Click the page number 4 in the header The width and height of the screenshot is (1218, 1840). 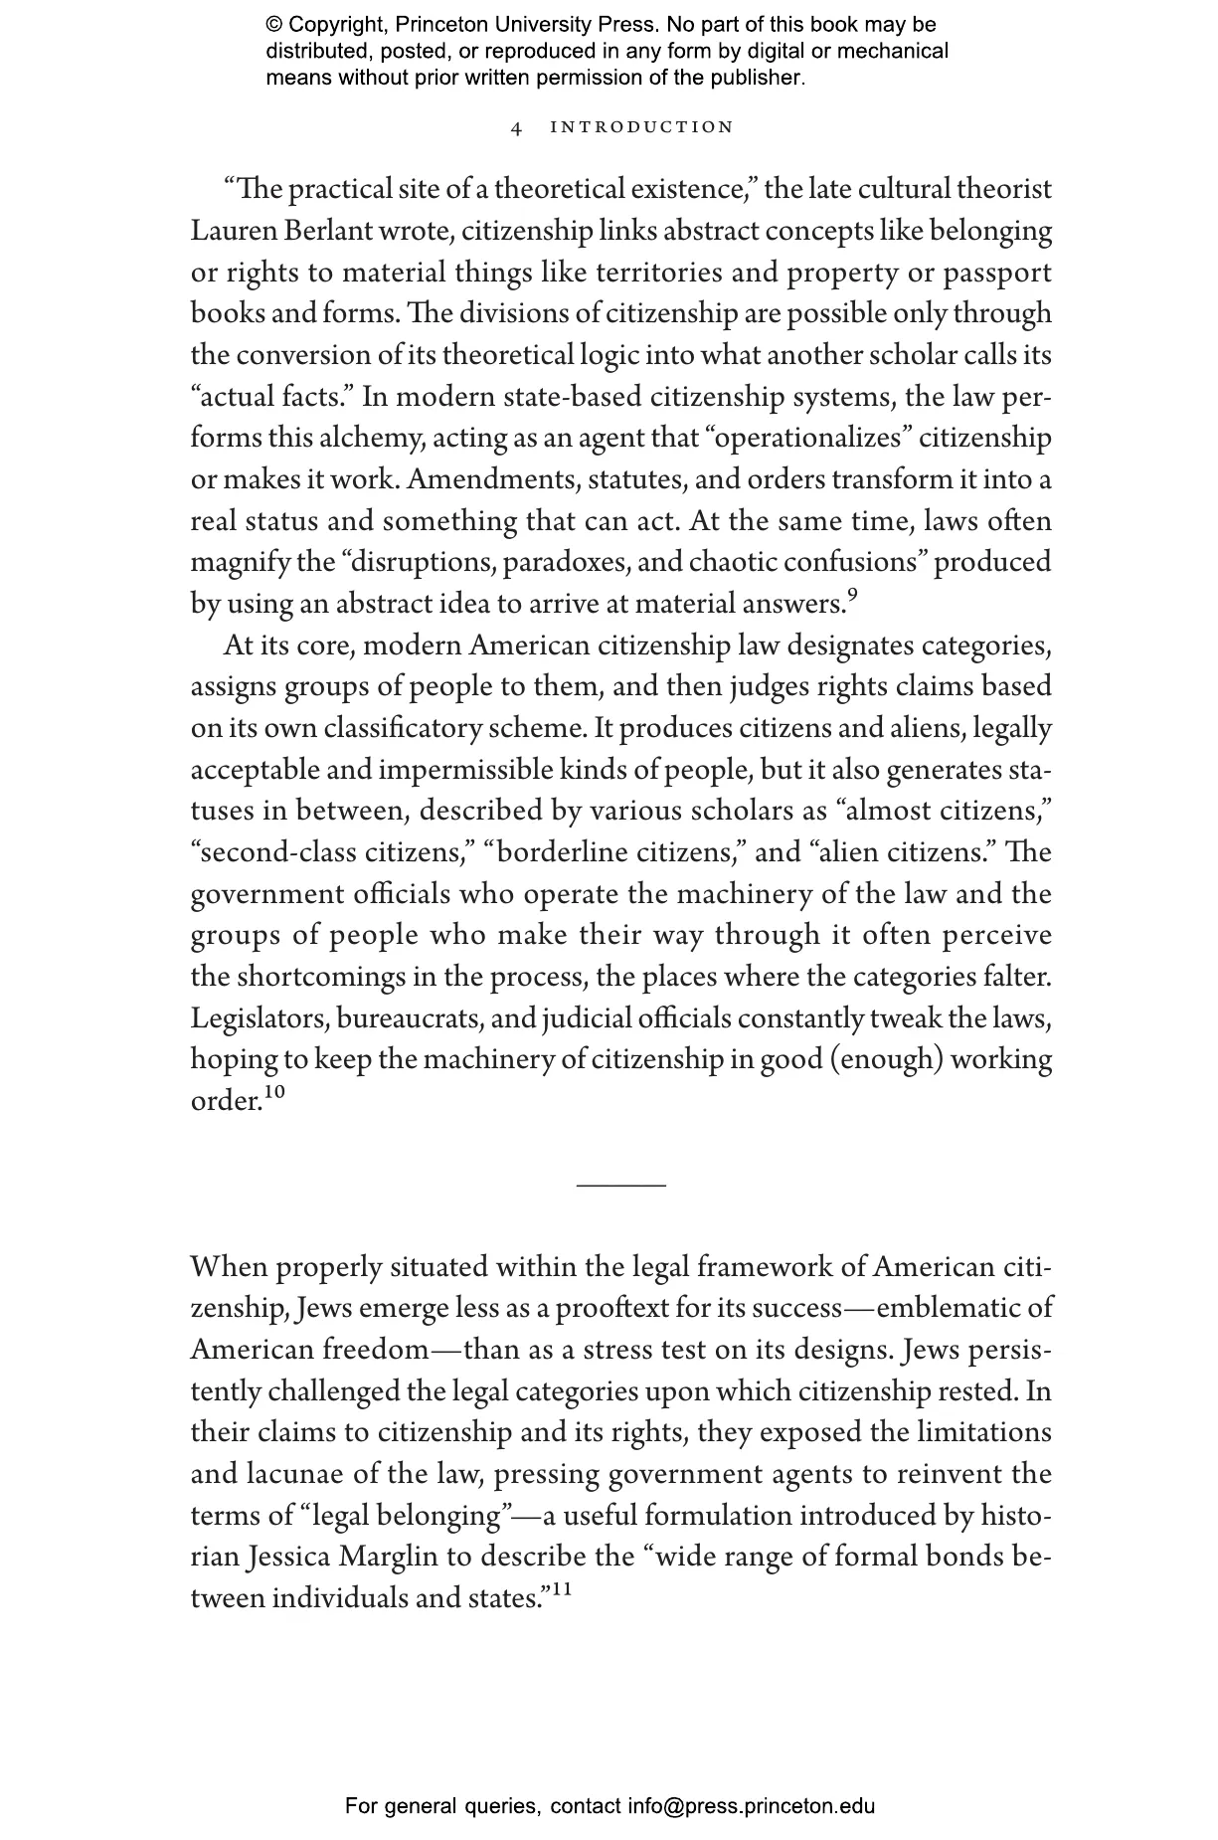click(516, 127)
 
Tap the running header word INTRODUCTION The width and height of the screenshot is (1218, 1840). click(641, 127)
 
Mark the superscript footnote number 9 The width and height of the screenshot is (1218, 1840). click(851, 596)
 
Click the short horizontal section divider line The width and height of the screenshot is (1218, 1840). click(621, 1185)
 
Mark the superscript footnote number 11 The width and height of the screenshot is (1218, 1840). click(562, 1589)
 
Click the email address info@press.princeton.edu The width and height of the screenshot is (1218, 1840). click(751, 1806)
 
